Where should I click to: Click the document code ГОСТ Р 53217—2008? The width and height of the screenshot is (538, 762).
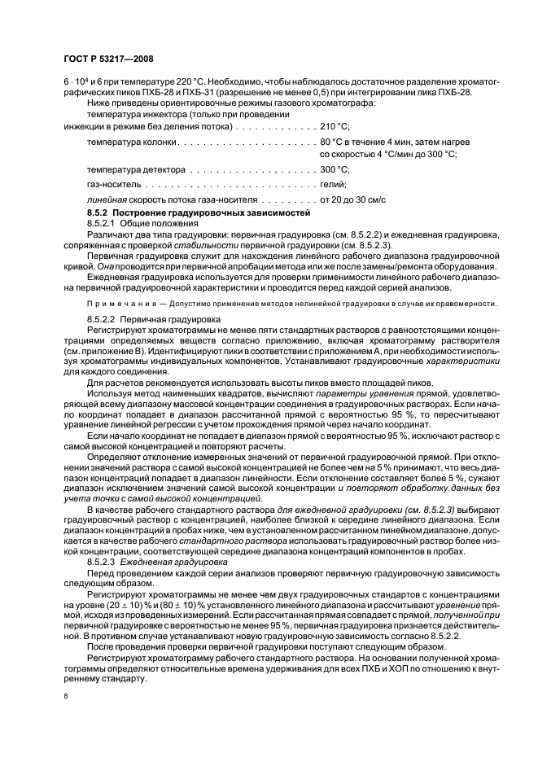(108, 59)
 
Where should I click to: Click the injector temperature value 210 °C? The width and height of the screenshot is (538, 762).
(335, 126)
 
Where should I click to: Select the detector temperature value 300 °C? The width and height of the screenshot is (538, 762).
(335, 169)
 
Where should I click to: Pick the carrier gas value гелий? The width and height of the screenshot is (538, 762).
(335, 184)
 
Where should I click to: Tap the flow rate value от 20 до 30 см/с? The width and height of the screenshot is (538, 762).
(353, 199)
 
